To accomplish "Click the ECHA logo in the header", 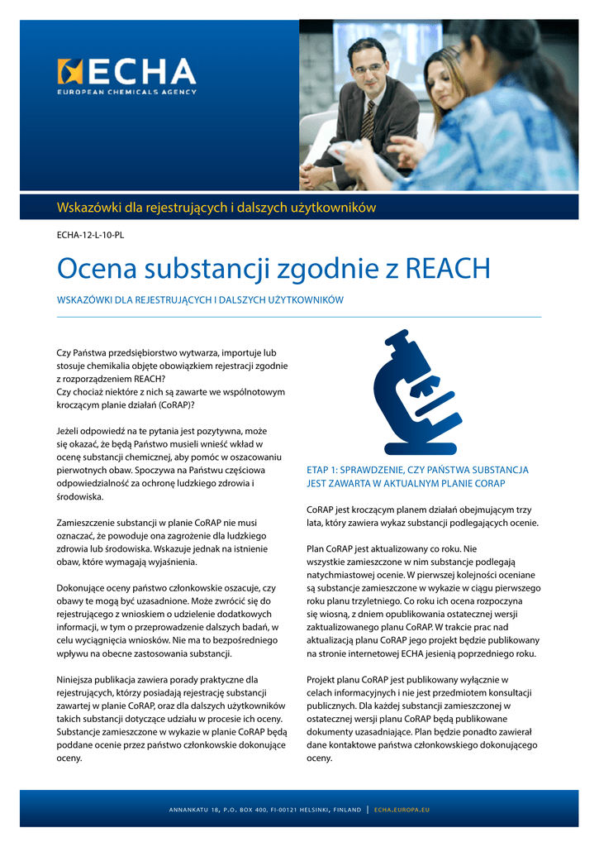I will [126, 73].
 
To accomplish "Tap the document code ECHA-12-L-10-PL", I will [90, 235].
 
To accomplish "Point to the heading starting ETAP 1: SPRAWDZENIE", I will [417, 476].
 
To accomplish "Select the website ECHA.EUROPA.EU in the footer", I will [402, 809].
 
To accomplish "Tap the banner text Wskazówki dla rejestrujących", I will [216, 207].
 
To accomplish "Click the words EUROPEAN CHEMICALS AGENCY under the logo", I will [126, 92].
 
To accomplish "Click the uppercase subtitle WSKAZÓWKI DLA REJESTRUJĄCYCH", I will [199, 299].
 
